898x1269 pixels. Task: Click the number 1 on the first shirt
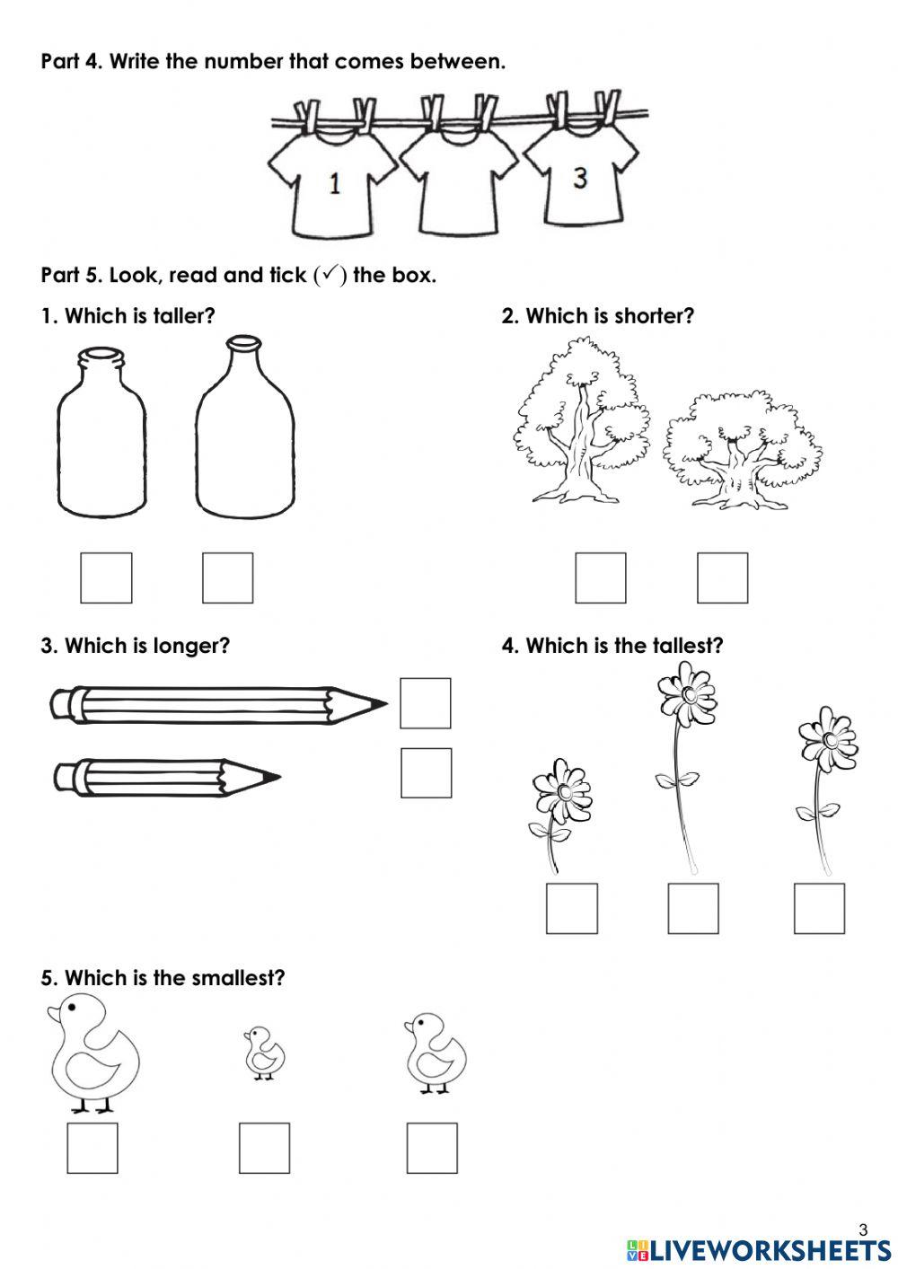(334, 185)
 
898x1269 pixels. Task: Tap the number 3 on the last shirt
(580, 178)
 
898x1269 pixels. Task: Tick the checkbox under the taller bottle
(227, 577)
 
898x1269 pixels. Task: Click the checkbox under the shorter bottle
(106, 577)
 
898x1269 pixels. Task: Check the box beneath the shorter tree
(722, 577)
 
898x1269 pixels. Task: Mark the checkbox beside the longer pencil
(425, 703)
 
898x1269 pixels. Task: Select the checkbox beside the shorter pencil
(426, 772)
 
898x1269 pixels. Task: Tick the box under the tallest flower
(693, 908)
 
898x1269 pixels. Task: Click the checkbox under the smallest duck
(264, 1147)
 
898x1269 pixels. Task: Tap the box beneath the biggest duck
(92, 1147)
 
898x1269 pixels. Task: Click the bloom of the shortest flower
(562, 791)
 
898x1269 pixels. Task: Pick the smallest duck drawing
(264, 1053)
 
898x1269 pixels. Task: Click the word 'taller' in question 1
(184, 316)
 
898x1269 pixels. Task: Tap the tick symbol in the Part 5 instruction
(330, 276)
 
